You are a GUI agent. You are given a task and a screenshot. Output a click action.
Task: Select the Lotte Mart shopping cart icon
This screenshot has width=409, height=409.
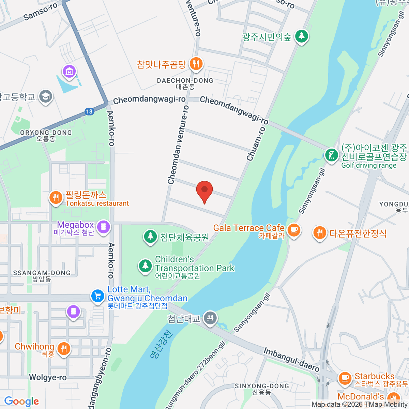pos(98,296)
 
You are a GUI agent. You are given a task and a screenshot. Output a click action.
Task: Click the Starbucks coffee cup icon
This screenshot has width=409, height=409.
pos(345,378)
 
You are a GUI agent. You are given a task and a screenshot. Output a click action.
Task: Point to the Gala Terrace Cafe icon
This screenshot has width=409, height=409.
pos(293,230)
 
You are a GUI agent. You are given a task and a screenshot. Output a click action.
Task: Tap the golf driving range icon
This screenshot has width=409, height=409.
pos(331,155)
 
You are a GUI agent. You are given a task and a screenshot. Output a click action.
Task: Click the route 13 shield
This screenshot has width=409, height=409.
pos(89,111)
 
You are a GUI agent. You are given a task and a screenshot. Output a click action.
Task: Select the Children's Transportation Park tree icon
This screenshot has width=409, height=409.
pos(146,265)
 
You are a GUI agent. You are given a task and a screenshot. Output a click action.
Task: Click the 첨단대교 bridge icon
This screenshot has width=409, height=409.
pos(210,319)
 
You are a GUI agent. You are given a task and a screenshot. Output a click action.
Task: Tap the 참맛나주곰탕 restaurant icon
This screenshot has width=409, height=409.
pos(196,63)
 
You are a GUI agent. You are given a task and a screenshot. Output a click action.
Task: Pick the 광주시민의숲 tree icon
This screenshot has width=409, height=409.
pos(301,35)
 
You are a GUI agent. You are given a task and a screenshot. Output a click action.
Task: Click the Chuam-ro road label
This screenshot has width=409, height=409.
pos(256,144)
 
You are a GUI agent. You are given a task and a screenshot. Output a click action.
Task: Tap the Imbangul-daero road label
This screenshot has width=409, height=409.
pos(291,360)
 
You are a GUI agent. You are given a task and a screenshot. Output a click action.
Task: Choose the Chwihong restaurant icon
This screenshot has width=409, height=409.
pos(63,348)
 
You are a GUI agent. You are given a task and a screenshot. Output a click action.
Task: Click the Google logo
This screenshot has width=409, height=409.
pos(21,402)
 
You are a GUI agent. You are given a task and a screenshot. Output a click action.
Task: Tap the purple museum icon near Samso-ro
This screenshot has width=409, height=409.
pos(69,72)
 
